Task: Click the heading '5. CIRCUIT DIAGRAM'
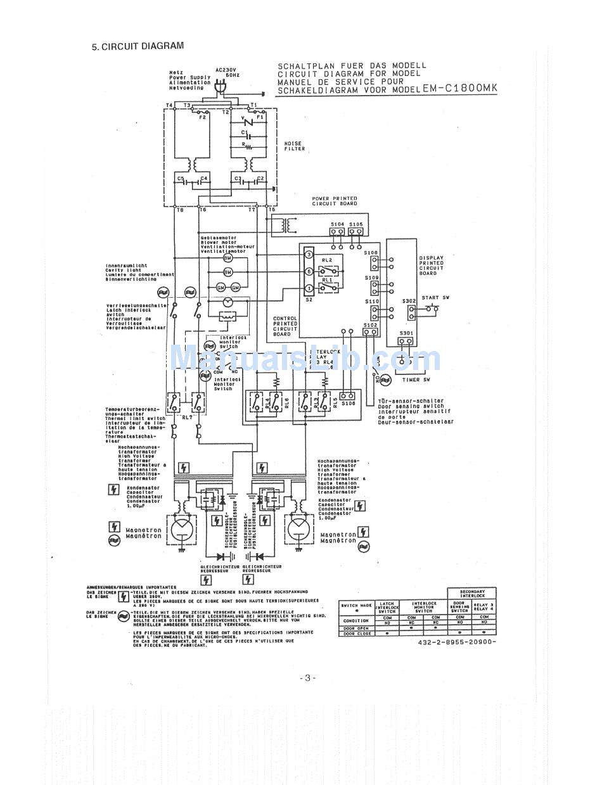pyautogui.click(x=138, y=46)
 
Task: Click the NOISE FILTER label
pyautogui.click(x=295, y=146)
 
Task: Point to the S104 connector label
pyautogui.click(x=337, y=224)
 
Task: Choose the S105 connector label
pyautogui.click(x=356, y=224)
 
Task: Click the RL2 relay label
pyautogui.click(x=327, y=260)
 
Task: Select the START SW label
pyautogui.click(x=430, y=297)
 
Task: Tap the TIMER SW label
pyautogui.click(x=417, y=380)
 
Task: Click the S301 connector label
pyautogui.click(x=406, y=333)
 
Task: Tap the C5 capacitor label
pyautogui.click(x=181, y=179)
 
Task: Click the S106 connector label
pyautogui.click(x=348, y=403)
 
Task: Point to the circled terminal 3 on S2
pyautogui.click(x=309, y=255)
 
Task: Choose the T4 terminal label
pyautogui.click(x=169, y=105)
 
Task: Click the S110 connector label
pyautogui.click(x=371, y=302)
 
